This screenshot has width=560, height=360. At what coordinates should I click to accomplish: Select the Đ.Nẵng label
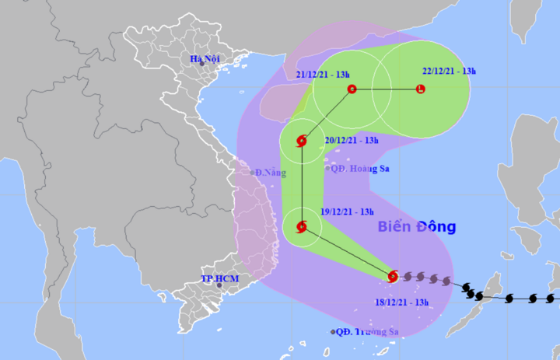[x=270, y=172]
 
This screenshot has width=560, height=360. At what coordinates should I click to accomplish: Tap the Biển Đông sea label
[x=417, y=227]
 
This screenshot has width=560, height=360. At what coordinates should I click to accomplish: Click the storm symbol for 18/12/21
[x=393, y=276]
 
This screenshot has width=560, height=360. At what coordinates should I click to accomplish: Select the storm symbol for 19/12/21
[x=302, y=227]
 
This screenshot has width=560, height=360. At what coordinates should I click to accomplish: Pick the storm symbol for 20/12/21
[x=302, y=142]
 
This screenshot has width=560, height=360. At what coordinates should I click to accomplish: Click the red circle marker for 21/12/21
[x=352, y=89]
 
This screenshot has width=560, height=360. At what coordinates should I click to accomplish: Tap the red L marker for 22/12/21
[x=421, y=89]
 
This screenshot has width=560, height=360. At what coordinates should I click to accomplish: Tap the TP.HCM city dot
[x=219, y=286]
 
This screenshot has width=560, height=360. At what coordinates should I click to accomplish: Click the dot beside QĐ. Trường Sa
[x=333, y=332]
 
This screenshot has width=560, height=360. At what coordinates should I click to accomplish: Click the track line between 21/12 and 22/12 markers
[x=387, y=89]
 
